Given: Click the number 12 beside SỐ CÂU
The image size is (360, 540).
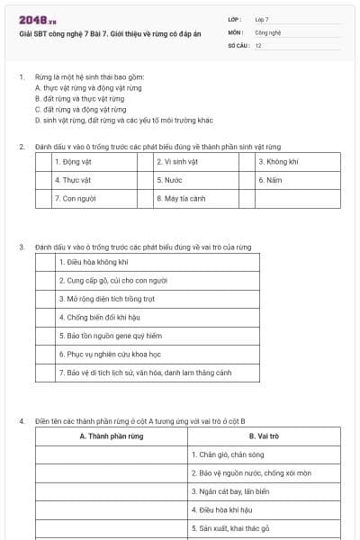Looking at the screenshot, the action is [x=258, y=44].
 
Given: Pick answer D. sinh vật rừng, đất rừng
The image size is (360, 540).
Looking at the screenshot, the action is [x=123, y=120].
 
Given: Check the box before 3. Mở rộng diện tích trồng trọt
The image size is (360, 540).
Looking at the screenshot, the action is [x=46, y=299].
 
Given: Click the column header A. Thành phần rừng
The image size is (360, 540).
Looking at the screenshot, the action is [x=112, y=436].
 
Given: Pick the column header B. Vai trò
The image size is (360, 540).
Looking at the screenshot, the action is [x=264, y=436].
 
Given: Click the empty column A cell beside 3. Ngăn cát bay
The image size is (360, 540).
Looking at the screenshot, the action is [x=112, y=491].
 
